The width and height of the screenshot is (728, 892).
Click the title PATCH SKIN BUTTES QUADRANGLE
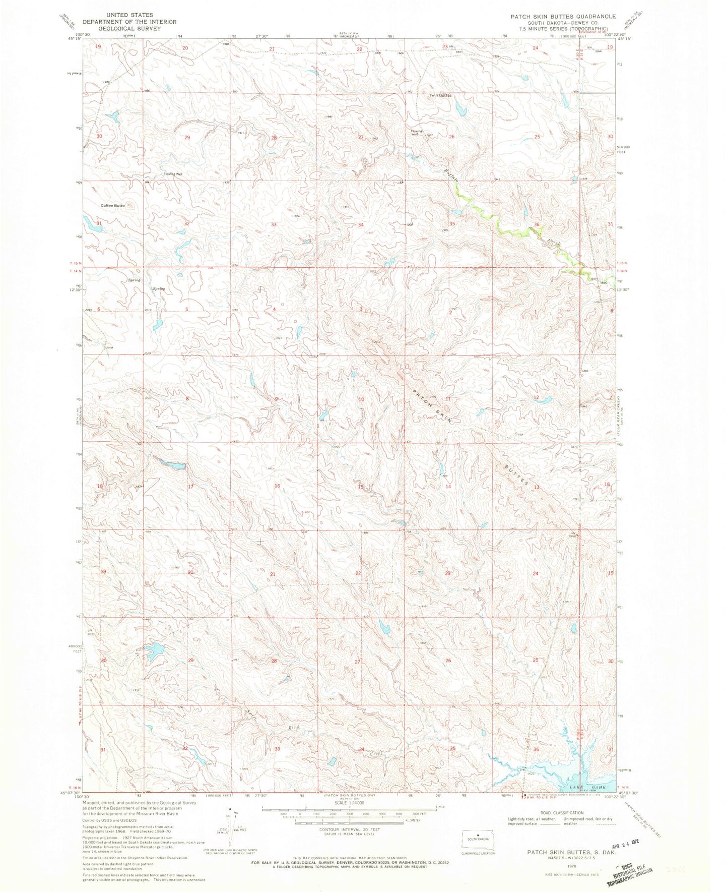point(563,17)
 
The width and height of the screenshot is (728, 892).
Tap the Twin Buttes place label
point(440,95)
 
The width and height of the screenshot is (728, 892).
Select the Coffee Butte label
point(112,206)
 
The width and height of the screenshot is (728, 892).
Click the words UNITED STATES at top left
point(129,15)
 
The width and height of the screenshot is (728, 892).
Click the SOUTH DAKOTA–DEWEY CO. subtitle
point(563,23)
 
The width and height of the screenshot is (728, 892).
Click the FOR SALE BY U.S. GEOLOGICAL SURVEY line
point(351,862)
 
